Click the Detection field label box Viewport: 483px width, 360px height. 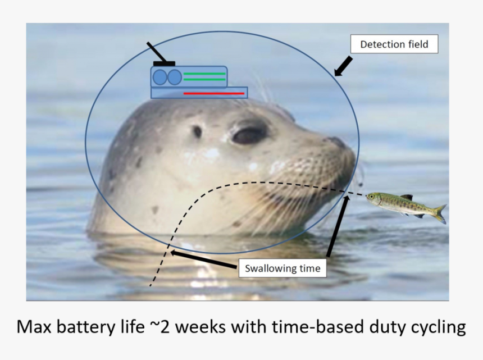[394, 44]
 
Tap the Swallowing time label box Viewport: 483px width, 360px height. [282, 268]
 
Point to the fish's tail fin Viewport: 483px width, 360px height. [440, 213]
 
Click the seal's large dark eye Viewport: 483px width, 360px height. [249, 135]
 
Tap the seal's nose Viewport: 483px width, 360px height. [339, 143]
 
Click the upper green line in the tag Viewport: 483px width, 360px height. [204, 74]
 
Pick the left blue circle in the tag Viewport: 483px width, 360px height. [161, 78]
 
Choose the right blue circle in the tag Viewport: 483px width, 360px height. [175, 78]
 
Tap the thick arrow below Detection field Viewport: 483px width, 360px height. [343, 66]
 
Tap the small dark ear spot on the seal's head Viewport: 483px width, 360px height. [197, 132]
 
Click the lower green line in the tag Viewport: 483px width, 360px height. [204, 80]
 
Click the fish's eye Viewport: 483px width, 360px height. [372, 197]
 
